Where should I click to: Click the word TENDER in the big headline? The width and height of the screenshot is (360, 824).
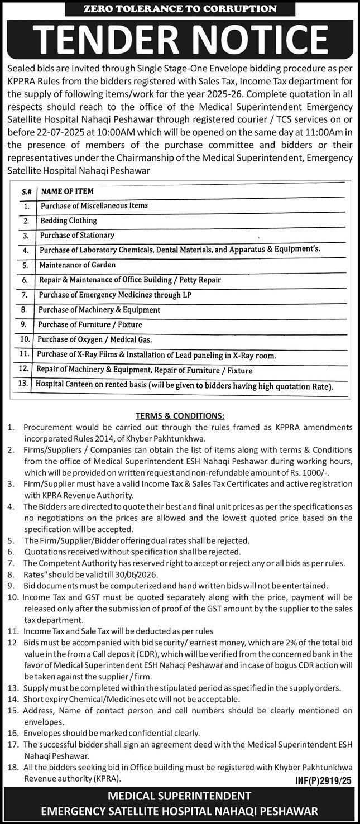pos(103,40)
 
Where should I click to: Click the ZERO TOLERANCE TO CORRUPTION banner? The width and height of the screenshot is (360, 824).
pos(180,8)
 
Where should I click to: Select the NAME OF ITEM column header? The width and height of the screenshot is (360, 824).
pos(68,191)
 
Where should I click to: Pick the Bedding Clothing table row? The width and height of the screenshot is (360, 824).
pos(69,221)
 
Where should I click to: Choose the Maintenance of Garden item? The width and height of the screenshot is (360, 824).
pos(78,265)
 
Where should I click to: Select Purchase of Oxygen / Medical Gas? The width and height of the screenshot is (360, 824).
pos(94,339)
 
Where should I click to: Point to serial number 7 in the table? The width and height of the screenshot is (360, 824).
pos(25,295)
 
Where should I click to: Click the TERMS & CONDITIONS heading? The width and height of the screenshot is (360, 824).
pos(180,416)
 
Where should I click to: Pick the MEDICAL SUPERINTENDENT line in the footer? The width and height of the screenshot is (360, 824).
pos(180,796)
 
